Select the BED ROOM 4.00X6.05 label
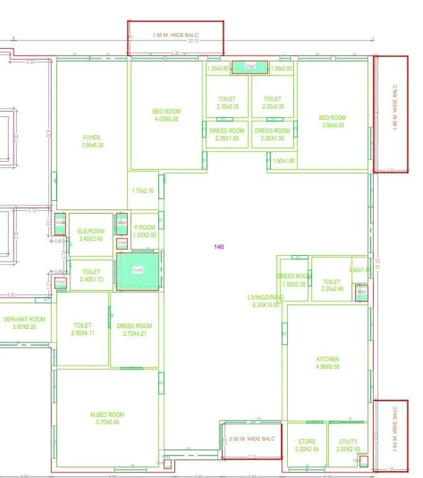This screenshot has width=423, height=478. click(x=166, y=115)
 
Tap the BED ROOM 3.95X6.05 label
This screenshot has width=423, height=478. click(x=332, y=121)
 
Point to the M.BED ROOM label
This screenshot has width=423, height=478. click(x=107, y=418)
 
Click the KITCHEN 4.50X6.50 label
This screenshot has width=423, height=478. click(x=328, y=363)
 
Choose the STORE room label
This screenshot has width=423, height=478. click(x=306, y=445)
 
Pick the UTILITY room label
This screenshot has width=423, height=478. click(x=348, y=445)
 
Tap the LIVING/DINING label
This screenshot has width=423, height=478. click(x=265, y=301)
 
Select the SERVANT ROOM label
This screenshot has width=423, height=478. click(x=24, y=323)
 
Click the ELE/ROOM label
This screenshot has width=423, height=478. click(x=91, y=235)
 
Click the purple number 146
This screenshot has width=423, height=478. click(x=219, y=247)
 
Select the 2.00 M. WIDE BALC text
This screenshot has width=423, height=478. click(x=252, y=439)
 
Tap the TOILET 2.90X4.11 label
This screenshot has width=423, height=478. click(x=82, y=329)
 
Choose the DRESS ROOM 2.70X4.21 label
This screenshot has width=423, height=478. click(x=134, y=329)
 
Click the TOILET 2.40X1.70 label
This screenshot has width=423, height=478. click(x=91, y=276)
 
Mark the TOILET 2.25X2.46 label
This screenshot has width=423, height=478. click(x=332, y=285)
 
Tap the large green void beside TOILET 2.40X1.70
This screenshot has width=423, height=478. click(x=138, y=270)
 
